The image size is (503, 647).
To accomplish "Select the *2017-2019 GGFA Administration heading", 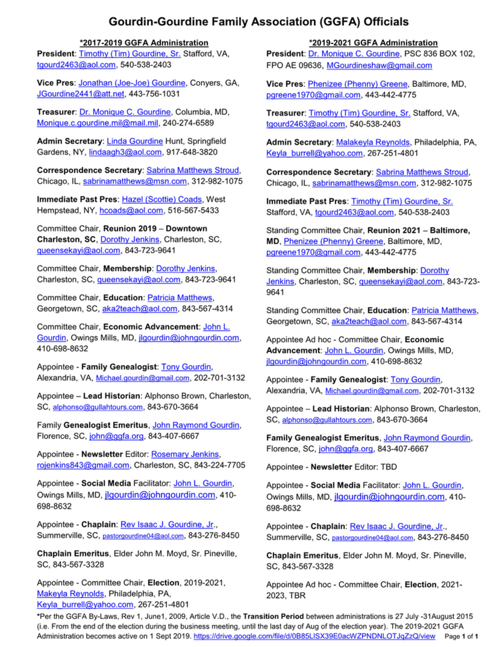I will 144,43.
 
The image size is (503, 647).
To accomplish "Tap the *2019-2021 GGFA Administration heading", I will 373,43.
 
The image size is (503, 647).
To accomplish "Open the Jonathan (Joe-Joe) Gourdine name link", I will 132,83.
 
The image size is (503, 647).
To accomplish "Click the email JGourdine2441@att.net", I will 81,94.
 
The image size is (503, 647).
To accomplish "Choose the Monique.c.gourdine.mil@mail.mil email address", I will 97,123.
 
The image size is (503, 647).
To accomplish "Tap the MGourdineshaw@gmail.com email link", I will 379,66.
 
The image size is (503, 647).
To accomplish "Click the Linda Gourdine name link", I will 135,141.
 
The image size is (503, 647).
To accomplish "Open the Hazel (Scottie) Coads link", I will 162,199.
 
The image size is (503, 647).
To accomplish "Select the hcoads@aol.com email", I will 131,211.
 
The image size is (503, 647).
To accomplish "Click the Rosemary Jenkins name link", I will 185,454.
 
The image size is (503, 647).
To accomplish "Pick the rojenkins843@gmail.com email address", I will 83,465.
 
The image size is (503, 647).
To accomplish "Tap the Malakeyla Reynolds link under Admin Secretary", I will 373,142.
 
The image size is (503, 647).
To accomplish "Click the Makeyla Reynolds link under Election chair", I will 70,594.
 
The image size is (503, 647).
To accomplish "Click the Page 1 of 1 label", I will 461,637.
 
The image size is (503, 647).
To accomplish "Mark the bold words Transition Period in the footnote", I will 273,617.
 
